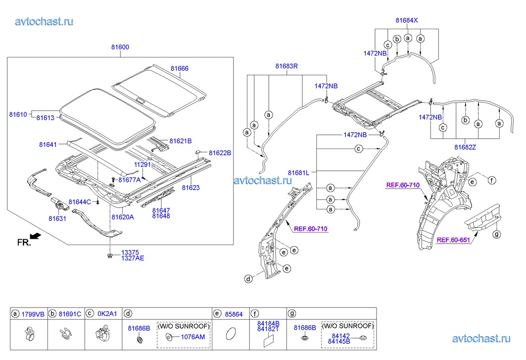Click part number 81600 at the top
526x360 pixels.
[x=120, y=47]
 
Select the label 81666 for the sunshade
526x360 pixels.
[x=180, y=68]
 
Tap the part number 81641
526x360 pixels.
[x=48, y=145]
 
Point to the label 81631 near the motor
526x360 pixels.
[x=57, y=218]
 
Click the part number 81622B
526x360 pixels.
[x=220, y=153]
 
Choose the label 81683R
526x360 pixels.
[x=287, y=66]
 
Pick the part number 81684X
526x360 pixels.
[x=407, y=20]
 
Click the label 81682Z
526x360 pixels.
[x=466, y=147]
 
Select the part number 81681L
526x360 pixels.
[x=298, y=172]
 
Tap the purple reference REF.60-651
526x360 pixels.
[x=453, y=241]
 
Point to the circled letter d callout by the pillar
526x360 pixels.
[x=247, y=279]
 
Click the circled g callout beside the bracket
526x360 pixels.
[x=497, y=234]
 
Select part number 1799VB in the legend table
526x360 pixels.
[x=33, y=313]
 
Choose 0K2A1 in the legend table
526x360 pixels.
[x=108, y=313]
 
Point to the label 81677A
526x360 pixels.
[x=130, y=180]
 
